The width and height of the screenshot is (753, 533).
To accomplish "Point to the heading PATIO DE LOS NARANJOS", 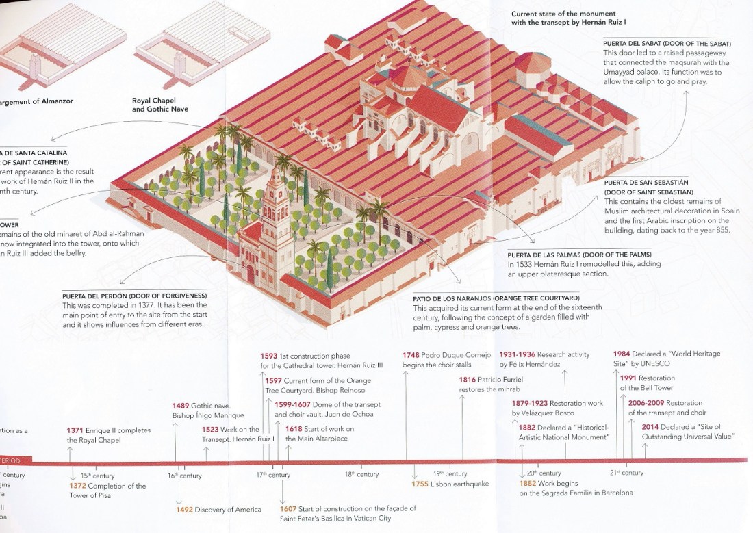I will (x=496, y=299).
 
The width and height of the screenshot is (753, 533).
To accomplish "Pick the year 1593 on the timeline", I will (x=269, y=356).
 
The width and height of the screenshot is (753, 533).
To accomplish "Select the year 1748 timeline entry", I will (x=411, y=355).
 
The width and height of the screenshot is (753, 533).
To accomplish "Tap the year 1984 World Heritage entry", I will (x=622, y=354).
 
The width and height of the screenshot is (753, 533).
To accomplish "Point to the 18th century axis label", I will (x=361, y=474).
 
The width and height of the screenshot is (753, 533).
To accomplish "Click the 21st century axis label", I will (x=626, y=473).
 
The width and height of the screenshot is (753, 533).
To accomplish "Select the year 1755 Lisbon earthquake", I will (x=420, y=484).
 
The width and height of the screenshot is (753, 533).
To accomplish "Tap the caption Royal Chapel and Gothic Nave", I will (x=160, y=105).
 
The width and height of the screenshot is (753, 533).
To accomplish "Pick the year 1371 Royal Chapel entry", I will (x=75, y=430).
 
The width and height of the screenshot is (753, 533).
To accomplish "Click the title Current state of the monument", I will (x=563, y=18).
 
